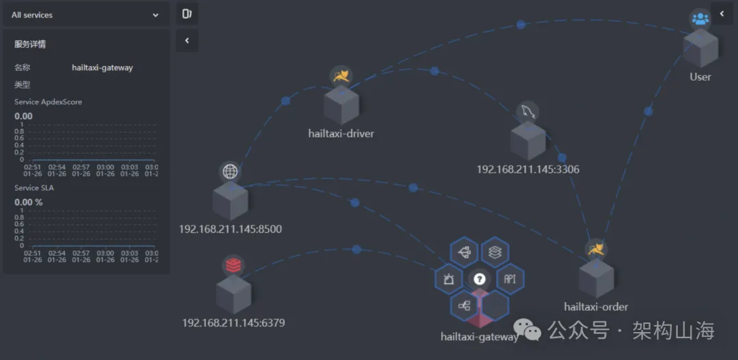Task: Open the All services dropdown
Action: pos(86,14)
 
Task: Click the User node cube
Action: pos(700,49)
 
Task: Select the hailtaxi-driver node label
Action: pos(341,134)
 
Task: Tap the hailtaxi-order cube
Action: pos(596,279)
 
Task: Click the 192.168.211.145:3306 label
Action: pos(528,169)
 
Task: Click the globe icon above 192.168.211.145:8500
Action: pos(230,171)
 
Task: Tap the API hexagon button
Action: pos(510,279)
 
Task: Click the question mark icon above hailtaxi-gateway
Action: pos(480,279)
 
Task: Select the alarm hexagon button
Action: pos(449,279)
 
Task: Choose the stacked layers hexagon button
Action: pos(495,252)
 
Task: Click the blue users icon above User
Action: pos(700,19)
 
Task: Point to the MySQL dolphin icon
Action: pos(528,111)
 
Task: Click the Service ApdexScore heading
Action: pos(48,102)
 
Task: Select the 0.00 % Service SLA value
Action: pos(29,202)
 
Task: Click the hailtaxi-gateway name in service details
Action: pos(102,68)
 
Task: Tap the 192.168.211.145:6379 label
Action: pos(233,322)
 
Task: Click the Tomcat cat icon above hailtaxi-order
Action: pos(597,249)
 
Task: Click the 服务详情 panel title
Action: pos(30,44)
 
